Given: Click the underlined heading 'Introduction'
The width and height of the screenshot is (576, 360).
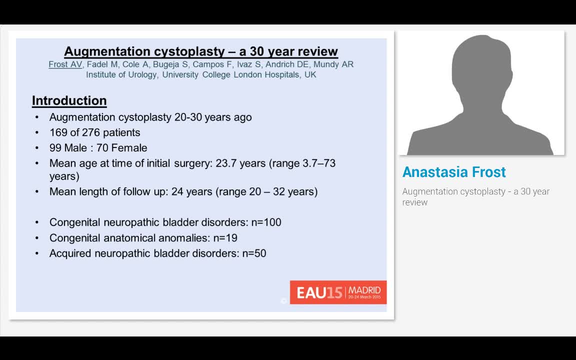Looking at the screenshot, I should point(69,100).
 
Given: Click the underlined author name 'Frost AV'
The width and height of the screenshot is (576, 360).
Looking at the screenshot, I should point(65,64).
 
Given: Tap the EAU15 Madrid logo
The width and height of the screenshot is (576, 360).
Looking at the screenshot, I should point(338,292).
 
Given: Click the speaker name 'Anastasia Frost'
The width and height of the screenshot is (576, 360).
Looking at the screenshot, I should point(454,172).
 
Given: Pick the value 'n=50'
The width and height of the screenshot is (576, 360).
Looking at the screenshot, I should point(253,253).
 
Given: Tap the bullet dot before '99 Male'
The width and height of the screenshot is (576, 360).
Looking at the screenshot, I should point(37,148).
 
